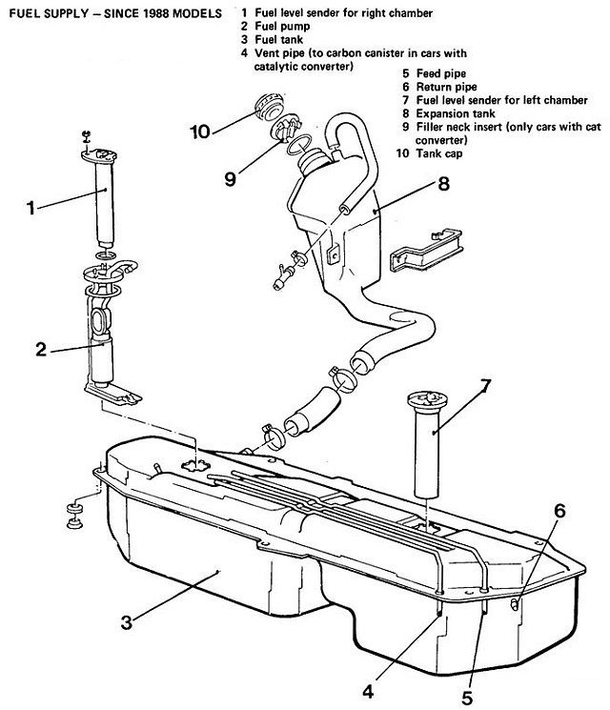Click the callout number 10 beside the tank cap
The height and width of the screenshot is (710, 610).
[x=200, y=132]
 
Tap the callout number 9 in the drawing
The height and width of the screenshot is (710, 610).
[x=230, y=179]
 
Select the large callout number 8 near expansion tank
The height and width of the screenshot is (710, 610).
[x=443, y=184]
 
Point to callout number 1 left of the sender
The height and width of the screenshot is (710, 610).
[x=30, y=209]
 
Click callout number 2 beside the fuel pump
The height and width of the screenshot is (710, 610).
[x=41, y=350]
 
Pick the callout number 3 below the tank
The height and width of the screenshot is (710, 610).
[x=127, y=622]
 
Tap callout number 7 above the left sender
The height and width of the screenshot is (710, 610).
[x=484, y=386]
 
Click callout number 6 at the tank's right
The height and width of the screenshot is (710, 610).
[x=559, y=511]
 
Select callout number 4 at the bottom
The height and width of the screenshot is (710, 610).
[x=368, y=692]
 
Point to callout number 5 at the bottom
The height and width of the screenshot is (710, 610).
[x=466, y=698]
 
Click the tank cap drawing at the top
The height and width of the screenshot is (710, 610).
[x=269, y=107]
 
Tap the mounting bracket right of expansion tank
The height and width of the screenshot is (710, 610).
[x=426, y=250]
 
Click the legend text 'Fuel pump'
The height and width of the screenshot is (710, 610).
[x=282, y=27]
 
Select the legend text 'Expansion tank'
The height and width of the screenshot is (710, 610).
[x=456, y=113]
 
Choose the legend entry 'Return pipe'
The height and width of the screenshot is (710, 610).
[x=446, y=87]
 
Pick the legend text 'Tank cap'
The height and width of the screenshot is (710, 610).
[x=439, y=153]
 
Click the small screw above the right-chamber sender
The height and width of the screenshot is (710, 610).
[x=86, y=136]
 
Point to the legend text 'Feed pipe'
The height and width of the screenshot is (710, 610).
[x=441, y=73]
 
